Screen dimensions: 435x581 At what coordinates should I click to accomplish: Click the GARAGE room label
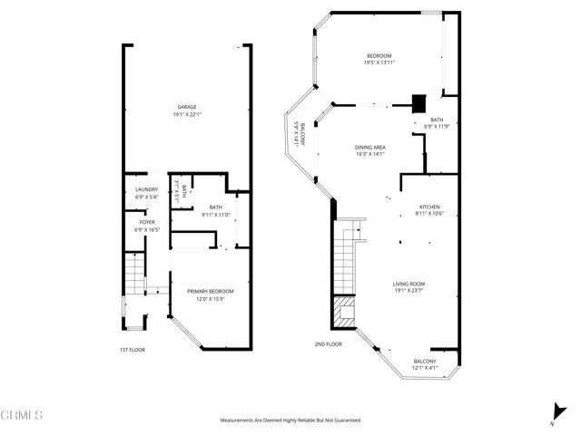click(186, 111)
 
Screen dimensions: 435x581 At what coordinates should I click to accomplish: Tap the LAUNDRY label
click(146, 193)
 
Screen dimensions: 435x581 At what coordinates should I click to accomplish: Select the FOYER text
click(146, 226)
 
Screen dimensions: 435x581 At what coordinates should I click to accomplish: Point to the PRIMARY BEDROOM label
click(211, 295)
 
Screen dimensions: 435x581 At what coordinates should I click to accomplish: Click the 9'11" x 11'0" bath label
click(215, 211)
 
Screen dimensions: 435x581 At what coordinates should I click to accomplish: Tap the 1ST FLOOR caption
click(132, 350)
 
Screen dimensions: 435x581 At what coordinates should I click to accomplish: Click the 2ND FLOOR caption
click(329, 344)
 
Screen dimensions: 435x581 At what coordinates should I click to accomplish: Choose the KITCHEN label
click(429, 209)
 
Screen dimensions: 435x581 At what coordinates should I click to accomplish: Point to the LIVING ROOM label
click(409, 287)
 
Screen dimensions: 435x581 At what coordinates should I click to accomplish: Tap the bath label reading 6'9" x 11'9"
click(437, 123)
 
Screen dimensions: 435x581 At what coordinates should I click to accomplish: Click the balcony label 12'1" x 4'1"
click(426, 364)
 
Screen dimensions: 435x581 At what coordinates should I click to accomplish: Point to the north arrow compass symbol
click(553, 412)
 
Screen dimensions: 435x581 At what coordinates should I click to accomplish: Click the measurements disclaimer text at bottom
click(290, 420)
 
